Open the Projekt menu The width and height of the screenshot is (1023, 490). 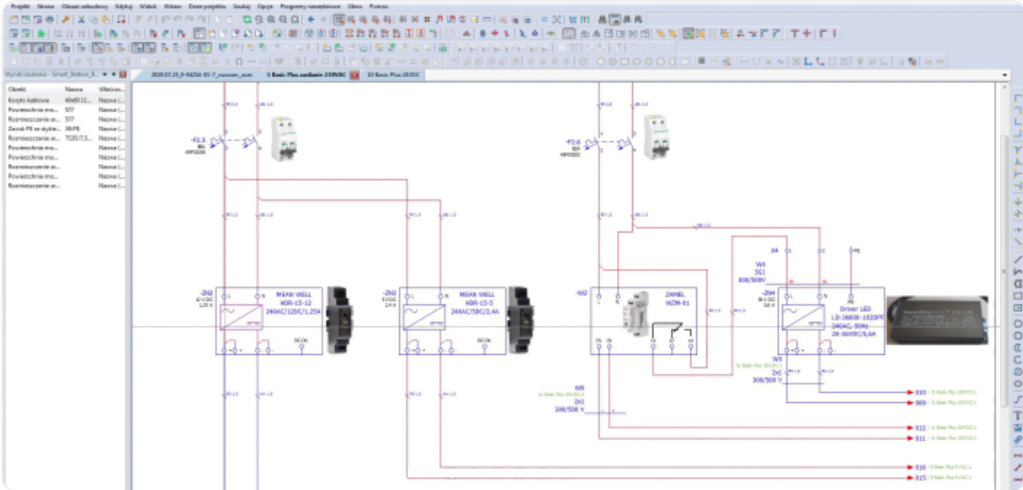(x=20, y=6)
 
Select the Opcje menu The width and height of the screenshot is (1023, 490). (x=264, y=6)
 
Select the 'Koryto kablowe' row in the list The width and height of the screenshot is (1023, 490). (x=29, y=100)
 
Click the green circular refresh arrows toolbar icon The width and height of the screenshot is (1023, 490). (x=247, y=19)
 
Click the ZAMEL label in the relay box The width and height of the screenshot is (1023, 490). (x=674, y=294)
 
